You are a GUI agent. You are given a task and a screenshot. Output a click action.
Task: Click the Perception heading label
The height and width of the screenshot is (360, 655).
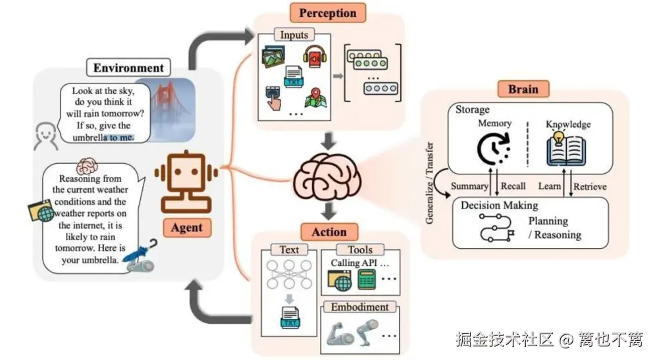(327, 13)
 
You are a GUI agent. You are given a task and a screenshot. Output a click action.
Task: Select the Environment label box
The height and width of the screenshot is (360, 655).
(128, 68)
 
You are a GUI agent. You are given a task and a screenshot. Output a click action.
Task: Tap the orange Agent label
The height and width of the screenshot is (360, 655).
(186, 228)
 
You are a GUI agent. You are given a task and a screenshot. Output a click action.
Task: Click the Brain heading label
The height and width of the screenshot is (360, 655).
(523, 90)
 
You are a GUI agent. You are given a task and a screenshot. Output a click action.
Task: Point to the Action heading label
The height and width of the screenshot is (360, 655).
(328, 232)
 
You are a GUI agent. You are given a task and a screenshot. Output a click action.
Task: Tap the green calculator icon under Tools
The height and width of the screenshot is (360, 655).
(366, 281)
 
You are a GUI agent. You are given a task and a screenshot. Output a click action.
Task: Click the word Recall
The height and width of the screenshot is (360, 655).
(513, 186)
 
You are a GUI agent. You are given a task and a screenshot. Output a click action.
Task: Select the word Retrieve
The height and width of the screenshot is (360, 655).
(589, 186)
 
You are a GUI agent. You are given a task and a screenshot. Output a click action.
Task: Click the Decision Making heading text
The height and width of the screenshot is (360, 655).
(499, 205)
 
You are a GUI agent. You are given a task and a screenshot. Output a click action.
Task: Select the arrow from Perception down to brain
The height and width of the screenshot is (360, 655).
(327, 141)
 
